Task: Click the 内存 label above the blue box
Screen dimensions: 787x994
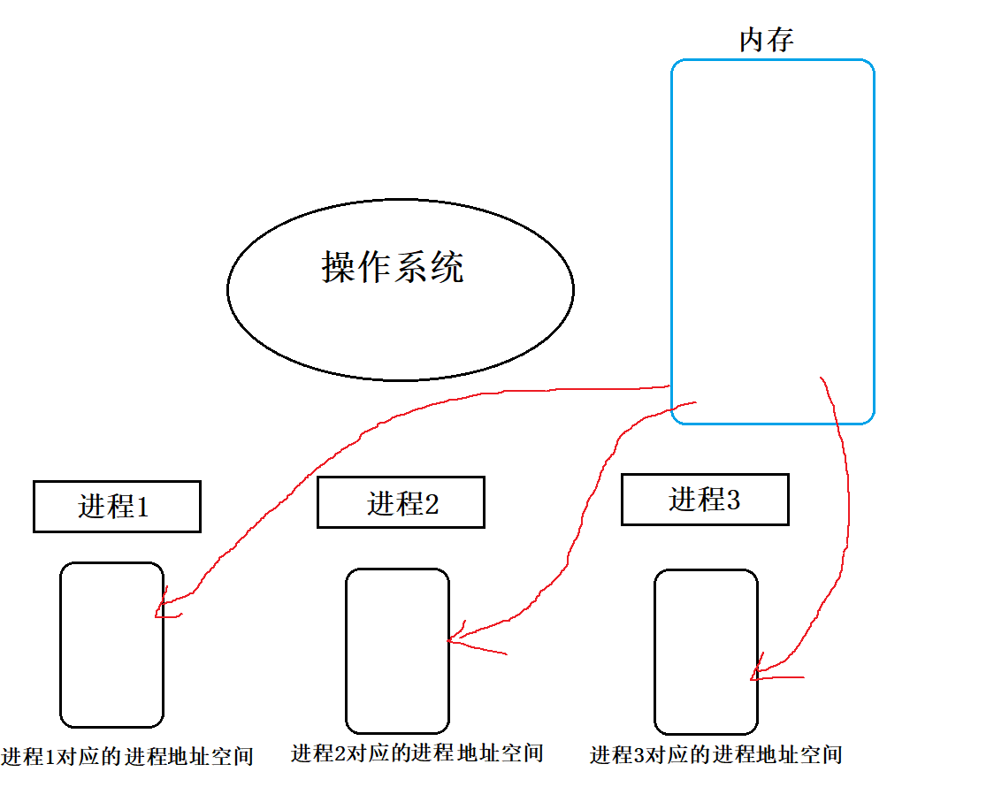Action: pyautogui.click(x=766, y=40)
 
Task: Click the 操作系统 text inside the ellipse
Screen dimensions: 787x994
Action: pyautogui.click(x=393, y=266)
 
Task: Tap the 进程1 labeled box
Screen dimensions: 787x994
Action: pyautogui.click(x=117, y=507)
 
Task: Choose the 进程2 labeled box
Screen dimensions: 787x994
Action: pyautogui.click(x=401, y=502)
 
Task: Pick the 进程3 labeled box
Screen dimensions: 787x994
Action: pyautogui.click(x=704, y=500)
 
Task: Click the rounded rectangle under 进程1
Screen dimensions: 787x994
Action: pyautogui.click(x=111, y=645)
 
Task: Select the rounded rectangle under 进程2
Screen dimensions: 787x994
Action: pyautogui.click(x=397, y=651)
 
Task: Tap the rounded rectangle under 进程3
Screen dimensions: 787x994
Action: pyautogui.click(x=706, y=652)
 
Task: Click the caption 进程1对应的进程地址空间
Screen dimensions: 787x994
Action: pyautogui.click(x=127, y=757)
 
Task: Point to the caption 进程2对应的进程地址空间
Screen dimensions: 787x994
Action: pyautogui.click(x=417, y=753)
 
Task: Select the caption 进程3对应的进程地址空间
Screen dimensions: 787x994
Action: pyautogui.click(x=715, y=755)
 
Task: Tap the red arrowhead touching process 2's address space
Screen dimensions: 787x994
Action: pyautogui.click(x=455, y=639)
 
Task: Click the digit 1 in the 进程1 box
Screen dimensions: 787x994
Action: pyautogui.click(x=141, y=508)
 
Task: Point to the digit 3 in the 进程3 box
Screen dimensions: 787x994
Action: pyautogui.click(x=731, y=500)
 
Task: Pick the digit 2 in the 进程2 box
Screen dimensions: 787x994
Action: pyautogui.click(x=432, y=504)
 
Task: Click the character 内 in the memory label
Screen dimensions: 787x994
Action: pyautogui.click(x=752, y=40)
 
